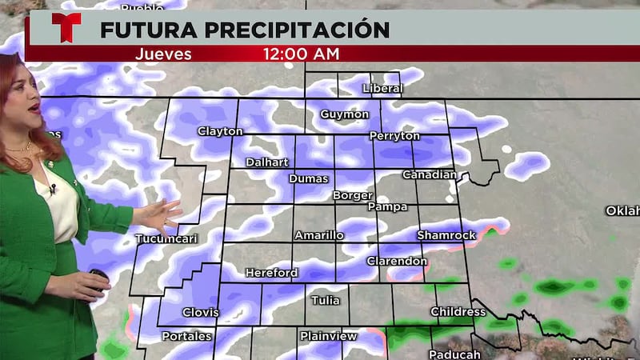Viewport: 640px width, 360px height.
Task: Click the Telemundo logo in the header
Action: [66, 28]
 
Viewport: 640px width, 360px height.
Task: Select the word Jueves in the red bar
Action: [163, 54]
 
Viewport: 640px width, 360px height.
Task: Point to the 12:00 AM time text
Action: [301, 54]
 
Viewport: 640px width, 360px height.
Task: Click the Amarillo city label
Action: [319, 235]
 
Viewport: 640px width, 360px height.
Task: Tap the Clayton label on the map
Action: [220, 131]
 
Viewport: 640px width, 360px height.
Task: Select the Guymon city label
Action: [344, 114]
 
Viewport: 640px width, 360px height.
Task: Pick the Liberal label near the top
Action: [382, 88]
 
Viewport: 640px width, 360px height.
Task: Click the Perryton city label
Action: [394, 136]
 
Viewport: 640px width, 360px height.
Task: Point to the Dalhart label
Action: [267, 162]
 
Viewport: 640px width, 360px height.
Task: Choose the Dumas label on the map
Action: [308, 178]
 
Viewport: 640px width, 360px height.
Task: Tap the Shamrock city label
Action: [446, 235]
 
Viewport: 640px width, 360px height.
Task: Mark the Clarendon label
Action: [397, 262]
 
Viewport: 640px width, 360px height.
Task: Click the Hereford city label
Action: [271, 273]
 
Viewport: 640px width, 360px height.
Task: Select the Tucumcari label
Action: [166, 239]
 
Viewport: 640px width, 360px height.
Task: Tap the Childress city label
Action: [458, 311]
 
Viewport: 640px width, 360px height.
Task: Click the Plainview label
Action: [328, 336]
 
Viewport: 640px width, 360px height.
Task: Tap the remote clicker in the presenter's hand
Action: [98, 278]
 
